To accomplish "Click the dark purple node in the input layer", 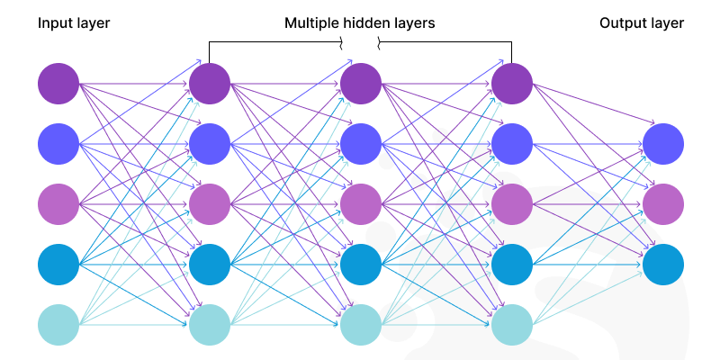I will (x=59, y=84).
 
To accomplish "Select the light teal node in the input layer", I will (x=59, y=325).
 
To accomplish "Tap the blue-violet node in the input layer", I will (x=59, y=143).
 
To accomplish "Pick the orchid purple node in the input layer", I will (x=59, y=203).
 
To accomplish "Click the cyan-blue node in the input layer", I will (x=59, y=265).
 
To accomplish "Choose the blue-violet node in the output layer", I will (x=663, y=143).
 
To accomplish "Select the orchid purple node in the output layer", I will (x=663, y=203).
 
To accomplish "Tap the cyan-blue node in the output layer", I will (x=663, y=265).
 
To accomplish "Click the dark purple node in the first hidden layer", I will (x=211, y=84).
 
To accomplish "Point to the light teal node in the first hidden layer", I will (x=211, y=325).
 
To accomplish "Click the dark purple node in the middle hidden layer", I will (x=362, y=84).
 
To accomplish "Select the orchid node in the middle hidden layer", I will (x=362, y=203).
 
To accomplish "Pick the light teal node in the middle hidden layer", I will (x=362, y=325).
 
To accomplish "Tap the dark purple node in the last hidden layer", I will (x=513, y=84).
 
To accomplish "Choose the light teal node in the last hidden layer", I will (x=513, y=325).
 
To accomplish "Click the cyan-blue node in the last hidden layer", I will (x=513, y=265).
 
